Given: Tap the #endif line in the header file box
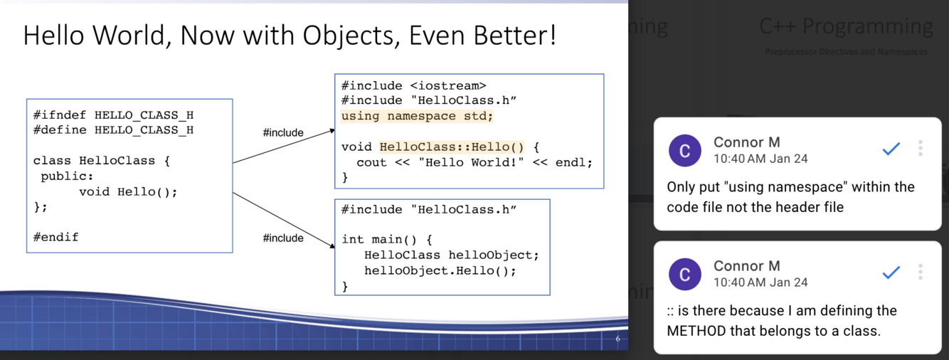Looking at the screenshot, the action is (56, 237).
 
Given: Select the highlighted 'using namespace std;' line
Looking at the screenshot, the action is (417, 116).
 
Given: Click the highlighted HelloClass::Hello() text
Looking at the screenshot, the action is (452, 147).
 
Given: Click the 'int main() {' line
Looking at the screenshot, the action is (387, 240).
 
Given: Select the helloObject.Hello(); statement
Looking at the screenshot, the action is (440, 270).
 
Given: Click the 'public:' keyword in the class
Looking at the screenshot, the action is (67, 176).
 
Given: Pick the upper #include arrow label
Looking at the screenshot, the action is (283, 132).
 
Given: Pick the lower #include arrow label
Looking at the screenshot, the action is (283, 238).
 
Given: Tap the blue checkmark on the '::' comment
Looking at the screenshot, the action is (891, 272).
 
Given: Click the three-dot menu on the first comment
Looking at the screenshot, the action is (921, 148).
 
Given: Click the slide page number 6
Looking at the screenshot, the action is (617, 339).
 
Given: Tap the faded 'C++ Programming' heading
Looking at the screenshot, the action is (846, 26).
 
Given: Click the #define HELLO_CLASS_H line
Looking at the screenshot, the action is (113, 130).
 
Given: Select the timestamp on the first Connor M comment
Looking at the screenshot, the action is (760, 159).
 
